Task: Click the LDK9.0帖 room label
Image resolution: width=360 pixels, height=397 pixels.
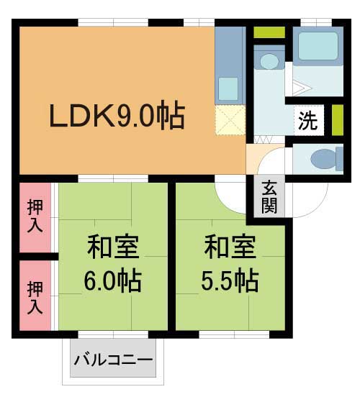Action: [x=117, y=115]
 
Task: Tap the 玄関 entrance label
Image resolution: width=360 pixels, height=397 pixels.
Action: [x=269, y=196]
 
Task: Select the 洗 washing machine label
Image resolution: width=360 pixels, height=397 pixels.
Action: [x=307, y=122]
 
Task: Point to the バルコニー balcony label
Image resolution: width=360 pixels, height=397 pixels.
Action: [x=114, y=357]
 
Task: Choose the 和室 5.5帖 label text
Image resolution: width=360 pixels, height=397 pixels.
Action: [x=230, y=265]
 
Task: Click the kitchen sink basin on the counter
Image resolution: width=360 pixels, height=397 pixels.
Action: [x=228, y=88]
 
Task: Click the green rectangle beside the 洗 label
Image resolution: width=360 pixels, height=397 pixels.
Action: [x=336, y=120]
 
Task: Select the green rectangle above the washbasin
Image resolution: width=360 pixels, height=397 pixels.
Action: [x=269, y=33]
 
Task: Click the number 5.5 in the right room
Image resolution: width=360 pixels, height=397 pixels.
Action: [x=217, y=280]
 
